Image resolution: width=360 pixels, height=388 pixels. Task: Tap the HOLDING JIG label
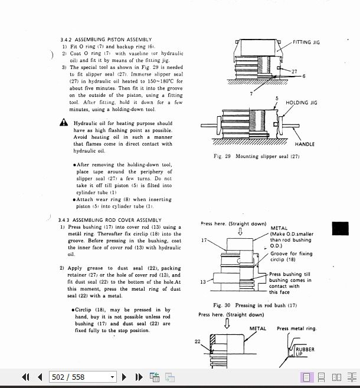(x=301, y=103)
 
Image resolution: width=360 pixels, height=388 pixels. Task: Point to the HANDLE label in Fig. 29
(x=305, y=144)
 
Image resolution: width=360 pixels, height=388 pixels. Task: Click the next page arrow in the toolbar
(x=125, y=377)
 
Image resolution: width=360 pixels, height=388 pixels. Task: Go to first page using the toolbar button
(x=25, y=377)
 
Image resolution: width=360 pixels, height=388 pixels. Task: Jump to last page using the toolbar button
(x=139, y=377)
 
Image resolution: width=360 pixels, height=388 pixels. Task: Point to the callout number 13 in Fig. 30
(x=203, y=282)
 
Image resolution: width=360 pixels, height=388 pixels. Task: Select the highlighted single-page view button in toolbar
(x=307, y=377)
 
